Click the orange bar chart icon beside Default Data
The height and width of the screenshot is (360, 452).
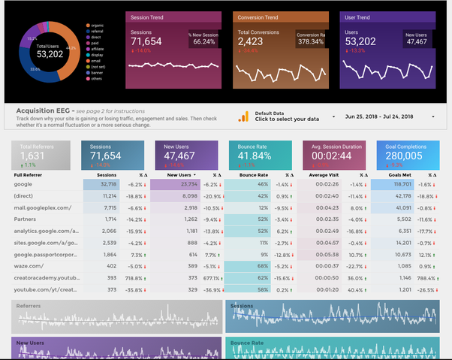coord(243,116)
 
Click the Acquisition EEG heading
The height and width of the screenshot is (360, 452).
coord(44,110)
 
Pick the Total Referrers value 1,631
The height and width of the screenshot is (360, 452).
coord(32,156)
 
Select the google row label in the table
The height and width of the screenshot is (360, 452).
coord(23,184)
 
